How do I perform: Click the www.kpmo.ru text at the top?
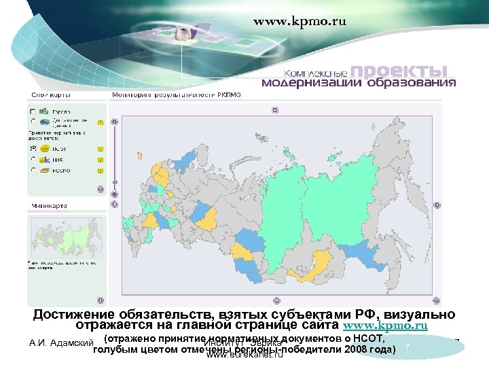pos(300,21)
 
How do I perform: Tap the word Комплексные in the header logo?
pos(316,73)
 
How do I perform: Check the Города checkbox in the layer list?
pos(33,111)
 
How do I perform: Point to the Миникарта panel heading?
pos(47,204)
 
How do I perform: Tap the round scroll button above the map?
pos(275,109)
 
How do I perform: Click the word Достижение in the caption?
pos(73,314)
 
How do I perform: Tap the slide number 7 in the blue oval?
pos(407,348)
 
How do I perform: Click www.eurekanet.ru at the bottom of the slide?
pos(244,355)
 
